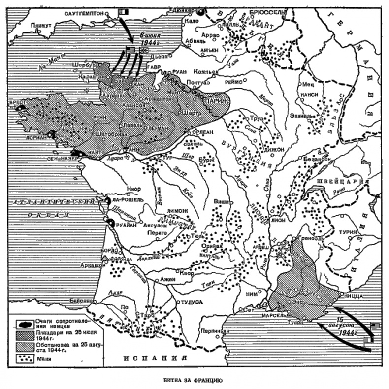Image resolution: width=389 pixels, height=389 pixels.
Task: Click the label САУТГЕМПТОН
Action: (85, 14)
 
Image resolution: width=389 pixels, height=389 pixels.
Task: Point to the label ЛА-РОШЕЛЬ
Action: (130, 202)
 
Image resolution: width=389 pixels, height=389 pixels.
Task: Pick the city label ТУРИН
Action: (346, 231)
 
